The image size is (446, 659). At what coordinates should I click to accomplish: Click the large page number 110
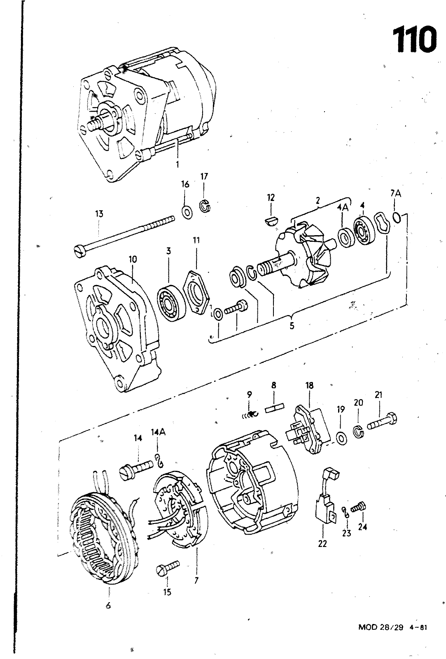click(x=414, y=40)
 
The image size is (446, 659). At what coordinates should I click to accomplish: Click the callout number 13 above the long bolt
click(x=99, y=214)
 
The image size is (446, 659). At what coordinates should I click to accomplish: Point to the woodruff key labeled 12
click(x=270, y=221)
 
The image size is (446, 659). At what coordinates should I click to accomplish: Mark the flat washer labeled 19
click(x=341, y=438)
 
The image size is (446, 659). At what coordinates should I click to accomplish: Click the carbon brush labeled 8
click(x=273, y=409)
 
